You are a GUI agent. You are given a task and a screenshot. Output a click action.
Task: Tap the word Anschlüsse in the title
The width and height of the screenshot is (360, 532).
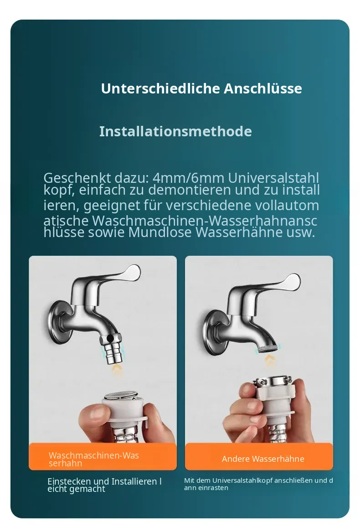(x=263, y=88)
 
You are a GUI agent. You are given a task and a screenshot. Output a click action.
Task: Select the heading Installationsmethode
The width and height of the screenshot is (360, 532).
(x=175, y=131)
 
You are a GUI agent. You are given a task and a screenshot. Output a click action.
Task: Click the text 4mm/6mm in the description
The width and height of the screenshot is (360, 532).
(x=188, y=178)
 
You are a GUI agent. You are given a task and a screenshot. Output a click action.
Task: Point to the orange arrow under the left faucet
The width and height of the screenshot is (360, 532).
(x=118, y=371)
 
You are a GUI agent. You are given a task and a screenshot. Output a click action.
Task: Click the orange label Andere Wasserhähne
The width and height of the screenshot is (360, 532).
(x=263, y=459)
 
